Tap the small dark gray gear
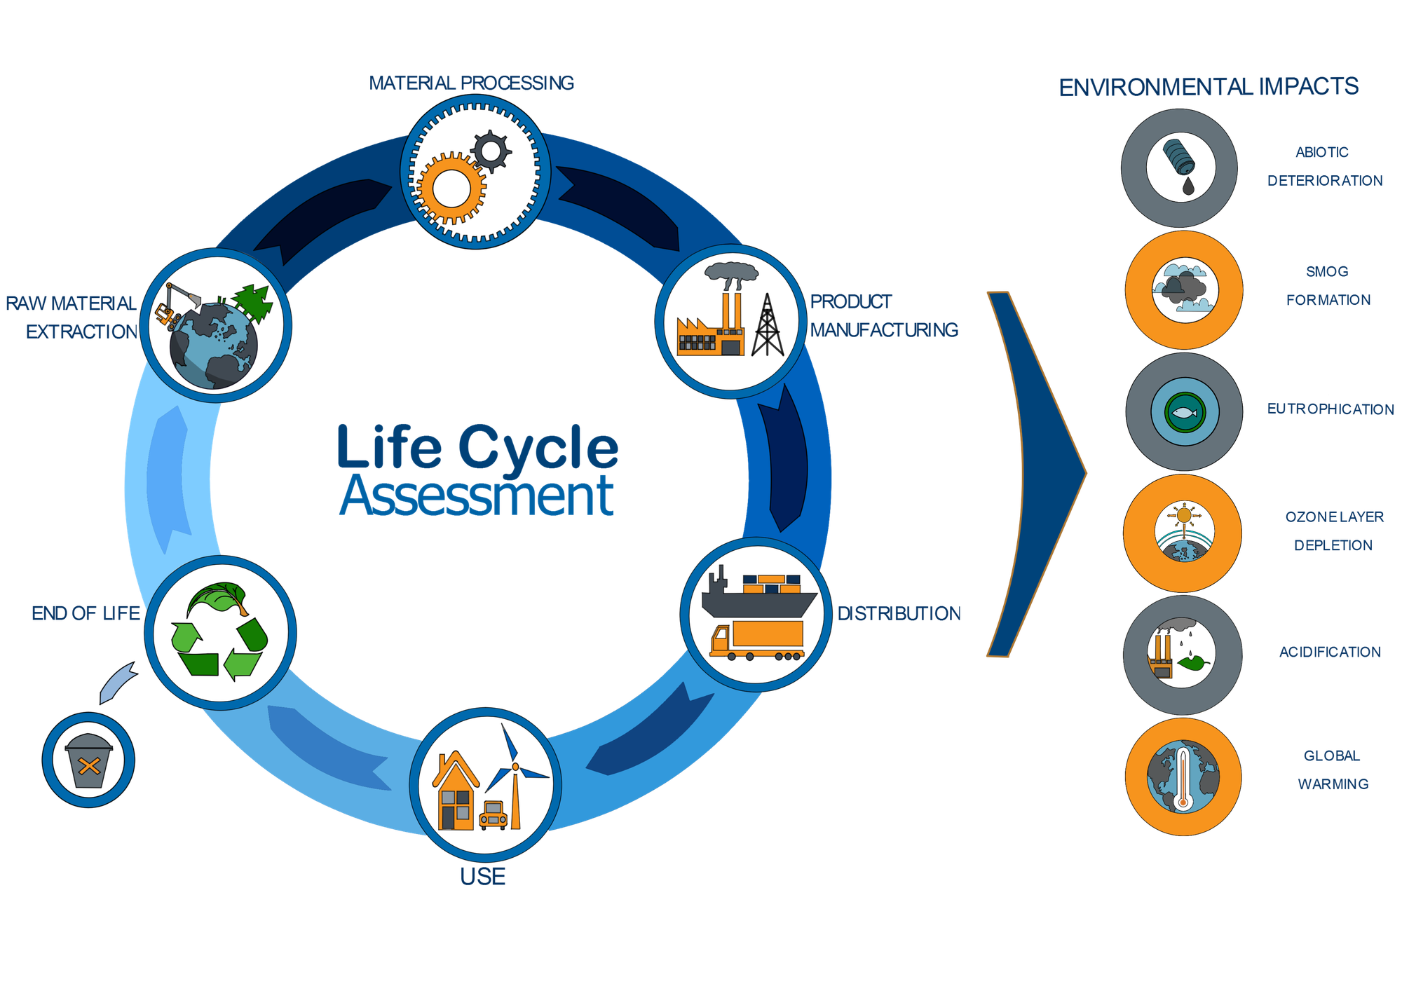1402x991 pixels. [491, 151]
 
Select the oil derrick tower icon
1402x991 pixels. [768, 324]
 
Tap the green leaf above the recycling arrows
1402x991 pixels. [218, 597]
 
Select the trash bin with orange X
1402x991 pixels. [89, 760]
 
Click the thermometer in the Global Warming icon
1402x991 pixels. [1183, 779]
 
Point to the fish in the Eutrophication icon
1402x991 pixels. [1185, 413]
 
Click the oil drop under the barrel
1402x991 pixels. [1187, 186]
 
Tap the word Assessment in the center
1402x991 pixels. [477, 496]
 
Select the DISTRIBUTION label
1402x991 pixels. [899, 613]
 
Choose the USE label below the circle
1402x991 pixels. [482, 876]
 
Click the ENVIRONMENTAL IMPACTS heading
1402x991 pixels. [1209, 87]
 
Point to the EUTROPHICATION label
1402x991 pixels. [1330, 409]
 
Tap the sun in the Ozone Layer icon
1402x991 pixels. [1184, 516]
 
